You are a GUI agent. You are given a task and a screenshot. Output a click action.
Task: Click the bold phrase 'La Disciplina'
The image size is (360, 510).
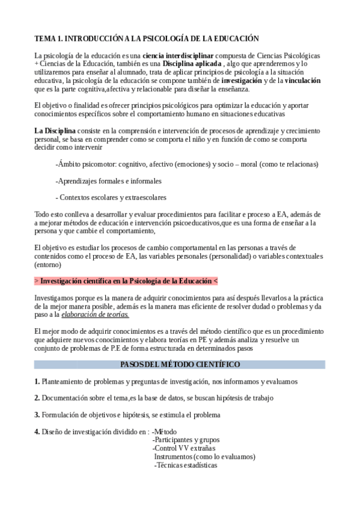click(55, 131)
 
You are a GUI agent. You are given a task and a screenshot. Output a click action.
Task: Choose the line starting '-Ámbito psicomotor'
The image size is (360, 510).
click(186, 164)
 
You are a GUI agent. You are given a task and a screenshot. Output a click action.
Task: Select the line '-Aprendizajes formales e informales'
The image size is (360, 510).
click(108, 180)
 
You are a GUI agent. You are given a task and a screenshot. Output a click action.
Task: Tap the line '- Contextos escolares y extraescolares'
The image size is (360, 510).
click(111, 197)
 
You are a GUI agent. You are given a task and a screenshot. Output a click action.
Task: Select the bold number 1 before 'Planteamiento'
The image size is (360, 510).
click(37, 381)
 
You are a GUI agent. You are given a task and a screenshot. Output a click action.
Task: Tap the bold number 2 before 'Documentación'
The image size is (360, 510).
click(37, 398)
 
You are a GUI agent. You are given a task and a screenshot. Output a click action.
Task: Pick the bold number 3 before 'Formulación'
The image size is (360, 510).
click(37, 414)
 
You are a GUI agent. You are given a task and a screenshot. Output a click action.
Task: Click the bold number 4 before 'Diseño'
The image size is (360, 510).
click(37, 431)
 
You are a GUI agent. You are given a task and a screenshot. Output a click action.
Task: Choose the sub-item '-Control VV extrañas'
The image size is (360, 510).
click(184, 448)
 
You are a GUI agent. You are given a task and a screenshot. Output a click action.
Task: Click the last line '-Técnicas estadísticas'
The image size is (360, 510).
click(186, 465)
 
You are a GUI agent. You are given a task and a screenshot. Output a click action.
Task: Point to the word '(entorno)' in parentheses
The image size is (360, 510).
click(49, 264)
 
